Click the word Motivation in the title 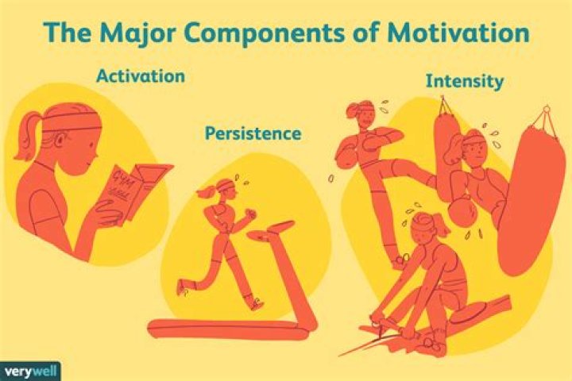click(x=464, y=34)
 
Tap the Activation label click(x=141, y=77)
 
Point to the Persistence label click(x=253, y=133)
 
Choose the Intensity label click(x=465, y=81)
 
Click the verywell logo click(x=30, y=371)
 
